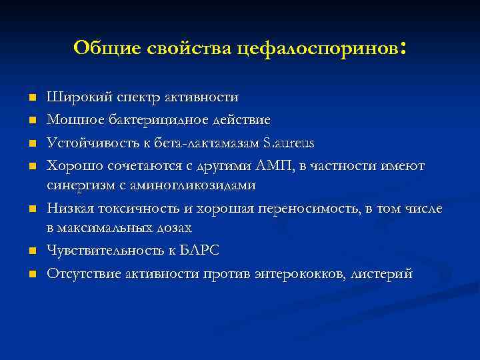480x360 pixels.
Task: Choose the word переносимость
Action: pyautogui.click(x=311, y=208)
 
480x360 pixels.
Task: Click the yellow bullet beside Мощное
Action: pyautogui.click(x=31, y=121)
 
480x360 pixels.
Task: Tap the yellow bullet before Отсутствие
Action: pyautogui.click(x=31, y=274)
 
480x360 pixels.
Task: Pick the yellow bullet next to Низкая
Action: pyautogui.click(x=31, y=209)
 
